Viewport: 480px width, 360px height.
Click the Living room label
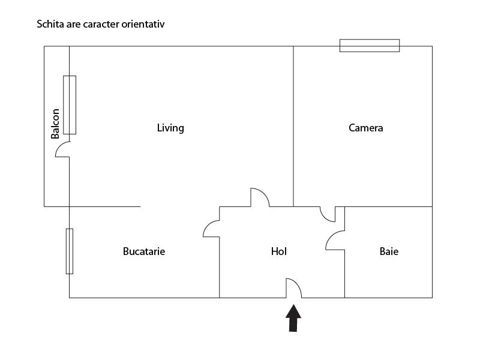(x=170, y=128)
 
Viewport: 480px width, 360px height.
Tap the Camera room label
(x=365, y=128)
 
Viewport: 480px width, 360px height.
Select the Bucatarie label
(x=143, y=251)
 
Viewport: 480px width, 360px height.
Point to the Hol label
(x=279, y=251)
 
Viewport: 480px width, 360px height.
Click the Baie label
(x=389, y=251)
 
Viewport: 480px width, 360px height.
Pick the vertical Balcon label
(x=55, y=124)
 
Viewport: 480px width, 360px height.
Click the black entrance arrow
(x=293, y=319)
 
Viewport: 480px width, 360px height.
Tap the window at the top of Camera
(x=369, y=46)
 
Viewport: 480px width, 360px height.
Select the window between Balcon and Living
(x=70, y=105)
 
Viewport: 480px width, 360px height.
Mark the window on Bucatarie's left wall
(x=70, y=251)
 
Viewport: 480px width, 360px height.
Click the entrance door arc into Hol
(x=293, y=288)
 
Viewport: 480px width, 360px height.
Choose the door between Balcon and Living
(x=63, y=149)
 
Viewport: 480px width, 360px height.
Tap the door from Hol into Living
(x=259, y=197)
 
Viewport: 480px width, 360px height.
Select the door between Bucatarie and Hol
(x=212, y=228)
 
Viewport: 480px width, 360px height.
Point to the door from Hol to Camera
(x=328, y=214)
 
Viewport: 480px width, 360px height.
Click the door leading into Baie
(x=335, y=241)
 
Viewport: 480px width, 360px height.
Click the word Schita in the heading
(x=50, y=25)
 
